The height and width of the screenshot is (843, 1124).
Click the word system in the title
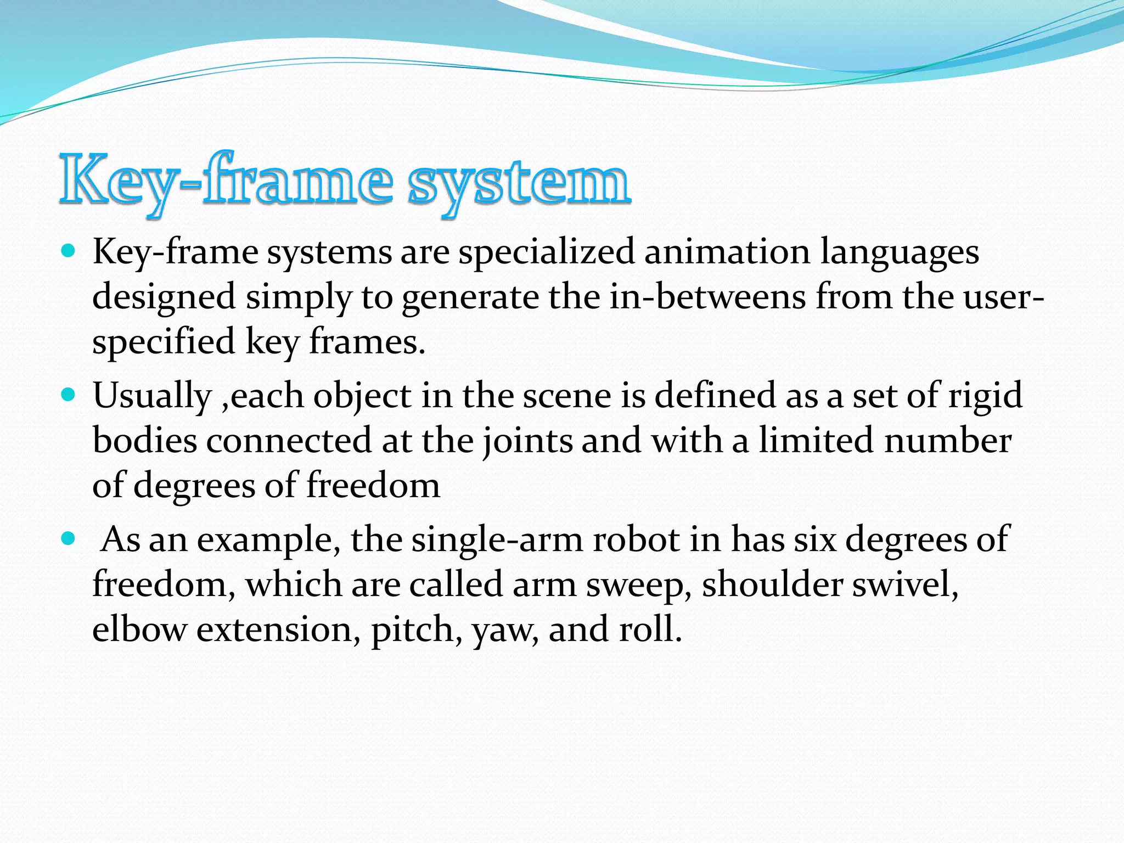(x=519, y=182)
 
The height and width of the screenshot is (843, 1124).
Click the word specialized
(x=547, y=252)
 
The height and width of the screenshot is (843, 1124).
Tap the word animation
(x=727, y=252)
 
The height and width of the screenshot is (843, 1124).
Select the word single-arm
(x=497, y=540)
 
